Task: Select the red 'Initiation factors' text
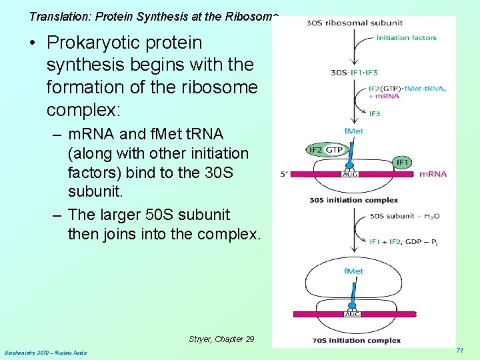pyautogui.click(x=406, y=37)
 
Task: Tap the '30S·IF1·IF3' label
pyautogui.click(x=354, y=72)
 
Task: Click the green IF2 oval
pyautogui.click(x=316, y=150)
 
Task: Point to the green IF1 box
pyautogui.click(x=403, y=161)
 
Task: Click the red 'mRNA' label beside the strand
pyautogui.click(x=433, y=175)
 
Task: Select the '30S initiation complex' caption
pyautogui.click(x=353, y=199)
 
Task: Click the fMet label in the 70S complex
pyautogui.click(x=353, y=271)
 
